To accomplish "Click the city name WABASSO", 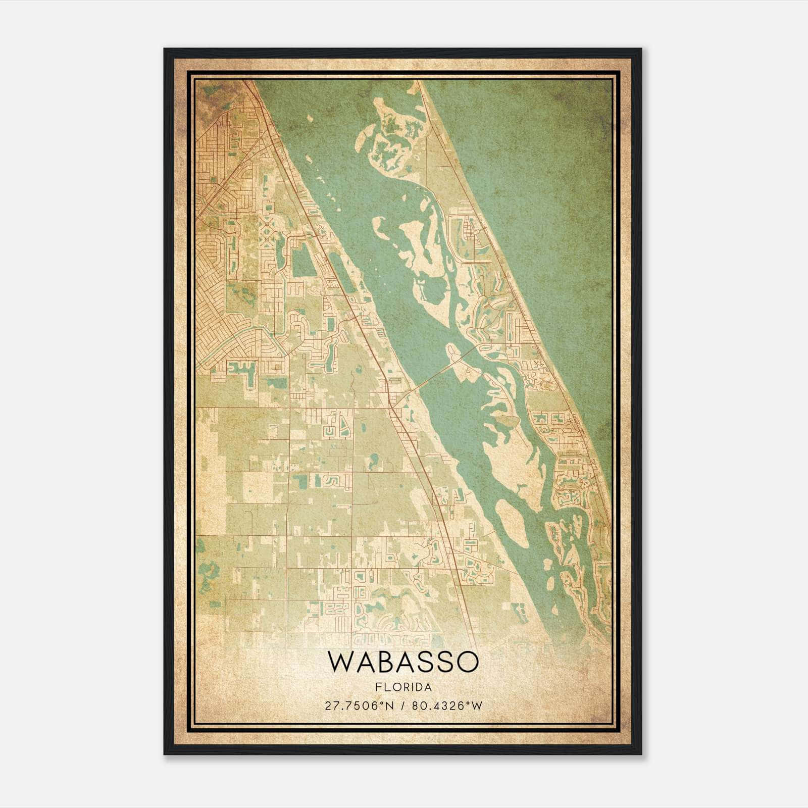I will tap(402, 662).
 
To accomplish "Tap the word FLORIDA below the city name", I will tap(403, 687).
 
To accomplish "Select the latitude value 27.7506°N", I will tap(359, 705).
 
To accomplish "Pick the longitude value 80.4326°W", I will tap(447, 705).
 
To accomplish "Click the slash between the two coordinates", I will tap(403, 705).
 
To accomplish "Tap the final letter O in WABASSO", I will tap(467, 662).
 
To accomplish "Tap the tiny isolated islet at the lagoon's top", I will tap(309, 119).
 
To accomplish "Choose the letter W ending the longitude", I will tap(478, 705).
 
